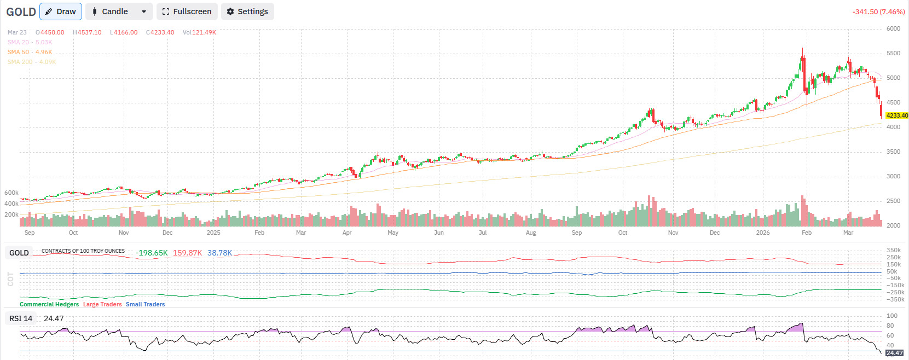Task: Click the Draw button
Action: pyautogui.click(x=61, y=11)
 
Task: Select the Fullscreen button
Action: pyautogui.click(x=187, y=11)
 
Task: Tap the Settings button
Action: pyautogui.click(x=247, y=11)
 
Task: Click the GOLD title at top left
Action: pyautogui.click(x=21, y=11)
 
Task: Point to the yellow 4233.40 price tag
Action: pyautogui.click(x=896, y=115)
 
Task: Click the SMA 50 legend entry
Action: pyautogui.click(x=30, y=52)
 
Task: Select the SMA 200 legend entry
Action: pyautogui.click(x=32, y=62)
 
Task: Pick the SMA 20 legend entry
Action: pyautogui.click(x=30, y=42)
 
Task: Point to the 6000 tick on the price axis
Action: pyautogui.click(x=893, y=28)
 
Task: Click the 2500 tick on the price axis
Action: pyautogui.click(x=893, y=201)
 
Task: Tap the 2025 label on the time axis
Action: pyautogui.click(x=213, y=233)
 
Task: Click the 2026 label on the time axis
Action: pyautogui.click(x=762, y=233)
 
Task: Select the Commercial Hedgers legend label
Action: pyautogui.click(x=49, y=304)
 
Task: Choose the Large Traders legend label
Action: pyautogui.click(x=102, y=304)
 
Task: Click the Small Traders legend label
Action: pyautogui.click(x=145, y=304)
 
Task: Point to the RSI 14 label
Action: pyautogui.click(x=21, y=318)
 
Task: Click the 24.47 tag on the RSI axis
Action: pyautogui.click(x=894, y=353)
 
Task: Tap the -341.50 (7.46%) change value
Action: pyautogui.click(x=878, y=11)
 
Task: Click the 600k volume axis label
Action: pyautogui.click(x=11, y=193)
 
